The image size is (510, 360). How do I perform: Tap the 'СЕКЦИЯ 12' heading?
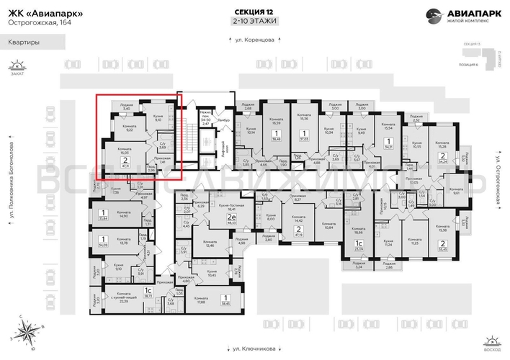tap(254, 12)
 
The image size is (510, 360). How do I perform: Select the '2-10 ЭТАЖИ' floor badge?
tap(254, 22)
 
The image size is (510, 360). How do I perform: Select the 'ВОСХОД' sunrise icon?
tap(492, 339)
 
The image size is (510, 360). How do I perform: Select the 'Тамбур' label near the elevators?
tap(223, 119)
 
